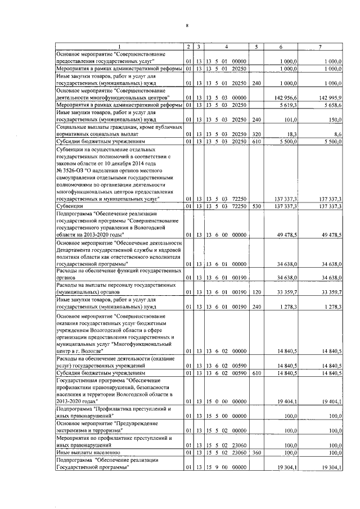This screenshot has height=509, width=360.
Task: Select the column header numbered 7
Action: coord(319,46)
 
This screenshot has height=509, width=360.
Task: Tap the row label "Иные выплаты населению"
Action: coord(86,452)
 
